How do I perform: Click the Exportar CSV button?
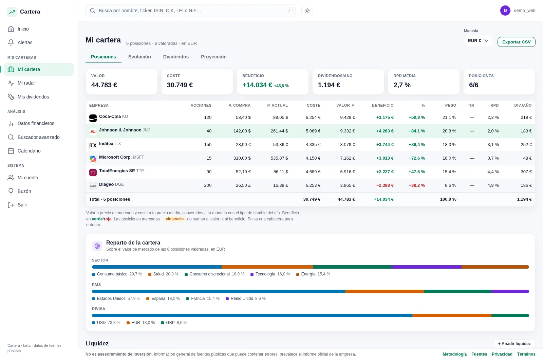pyautogui.click(x=516, y=42)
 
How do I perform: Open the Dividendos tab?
pyautogui.click(x=176, y=57)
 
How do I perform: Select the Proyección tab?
pyautogui.click(x=213, y=57)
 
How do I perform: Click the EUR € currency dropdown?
pyautogui.click(x=478, y=41)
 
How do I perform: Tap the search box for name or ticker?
pyautogui.click(x=190, y=11)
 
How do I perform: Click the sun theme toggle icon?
pyautogui.click(x=307, y=11)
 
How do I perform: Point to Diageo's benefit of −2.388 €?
pyautogui.click(x=385, y=185)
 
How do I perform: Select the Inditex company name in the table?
pyautogui.click(x=106, y=144)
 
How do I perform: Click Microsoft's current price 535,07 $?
pyautogui.click(x=279, y=158)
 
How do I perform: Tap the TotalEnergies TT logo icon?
pyautogui.click(x=93, y=172)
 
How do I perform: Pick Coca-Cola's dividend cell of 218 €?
pyautogui.click(x=526, y=118)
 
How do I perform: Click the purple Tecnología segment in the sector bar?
pyautogui.click(x=426, y=267)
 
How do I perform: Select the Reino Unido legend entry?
pyautogui.click(x=246, y=299)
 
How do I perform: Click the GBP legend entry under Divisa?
pyautogui.click(x=174, y=323)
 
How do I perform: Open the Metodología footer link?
pyautogui.click(x=454, y=354)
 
